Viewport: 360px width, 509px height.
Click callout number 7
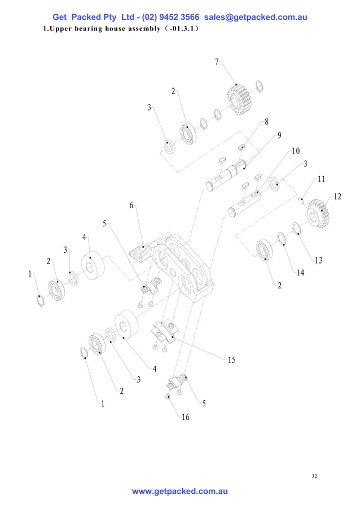pos(217,62)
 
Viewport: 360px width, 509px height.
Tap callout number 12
pos(337,197)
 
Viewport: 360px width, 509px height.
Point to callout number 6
pos(131,205)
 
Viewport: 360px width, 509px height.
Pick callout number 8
pos(266,121)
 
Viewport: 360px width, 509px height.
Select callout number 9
pos(279,135)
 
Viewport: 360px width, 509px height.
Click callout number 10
pos(295,151)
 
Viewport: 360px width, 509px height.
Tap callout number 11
pos(321,179)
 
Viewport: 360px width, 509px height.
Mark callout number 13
pos(318,260)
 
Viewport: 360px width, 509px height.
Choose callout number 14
pos(300,273)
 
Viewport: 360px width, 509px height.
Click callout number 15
pos(231,360)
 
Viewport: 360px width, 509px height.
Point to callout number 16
pos(186,417)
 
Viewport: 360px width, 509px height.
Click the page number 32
pos(314,477)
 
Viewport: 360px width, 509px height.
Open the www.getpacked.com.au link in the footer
pos(179,492)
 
